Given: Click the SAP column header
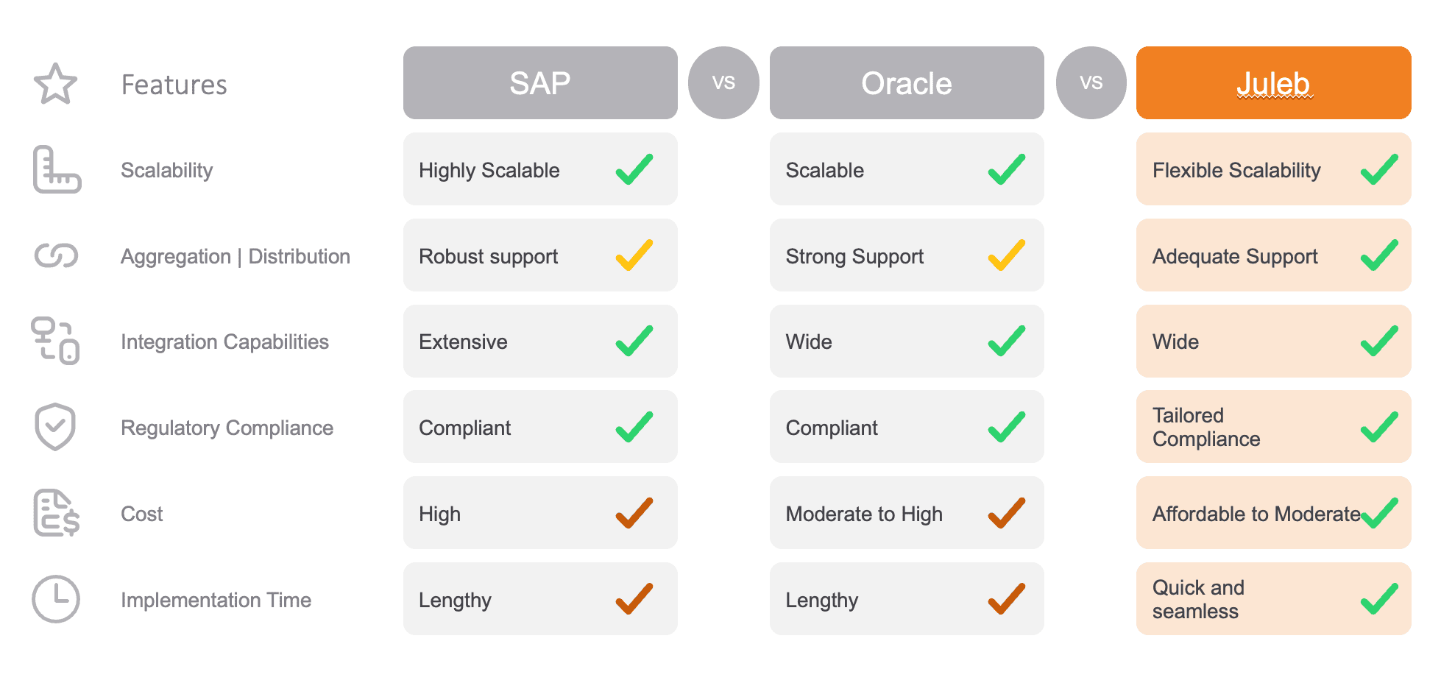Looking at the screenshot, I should pyautogui.click(x=540, y=83).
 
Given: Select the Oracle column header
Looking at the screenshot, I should pyautogui.click(x=907, y=83).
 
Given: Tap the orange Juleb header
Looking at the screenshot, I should pyautogui.click(x=1273, y=83).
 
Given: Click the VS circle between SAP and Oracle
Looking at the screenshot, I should pyautogui.click(x=723, y=82).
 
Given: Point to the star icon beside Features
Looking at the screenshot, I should pyautogui.click(x=55, y=84).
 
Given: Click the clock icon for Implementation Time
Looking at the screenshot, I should pyautogui.click(x=56, y=599).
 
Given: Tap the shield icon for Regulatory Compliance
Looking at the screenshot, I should pyautogui.click(x=55, y=427).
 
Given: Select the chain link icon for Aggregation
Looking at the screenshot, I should pyautogui.click(x=56, y=255).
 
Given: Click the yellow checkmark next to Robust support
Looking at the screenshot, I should pyautogui.click(x=634, y=255).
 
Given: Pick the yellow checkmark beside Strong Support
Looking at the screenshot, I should pyautogui.click(x=1007, y=255).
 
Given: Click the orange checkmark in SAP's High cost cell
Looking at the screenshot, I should pyautogui.click(x=634, y=513).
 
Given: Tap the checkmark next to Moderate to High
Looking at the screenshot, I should pyautogui.click(x=1007, y=513).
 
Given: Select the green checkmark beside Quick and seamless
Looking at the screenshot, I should pyautogui.click(x=1379, y=598).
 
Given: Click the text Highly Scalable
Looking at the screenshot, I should pyautogui.click(x=489, y=170).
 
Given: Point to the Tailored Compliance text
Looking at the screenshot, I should pyautogui.click(x=1206, y=427).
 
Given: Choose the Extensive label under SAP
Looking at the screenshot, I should pyautogui.click(x=463, y=341).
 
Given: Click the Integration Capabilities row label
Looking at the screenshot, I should pyautogui.click(x=224, y=341).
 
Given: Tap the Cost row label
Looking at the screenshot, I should pyautogui.click(x=141, y=514).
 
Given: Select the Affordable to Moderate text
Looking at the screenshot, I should pyautogui.click(x=1256, y=514).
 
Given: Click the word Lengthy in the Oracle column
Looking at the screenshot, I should pyautogui.click(x=821, y=600).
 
